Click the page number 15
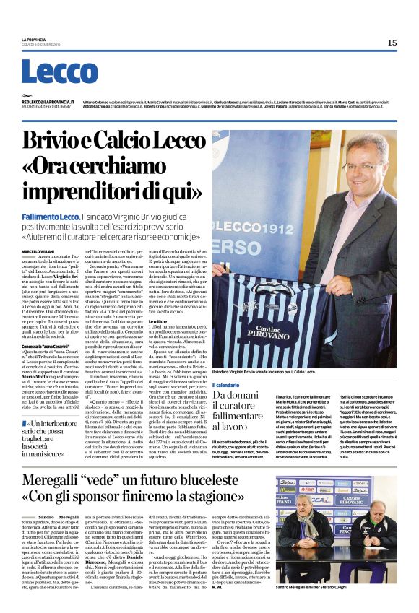[x=392, y=43]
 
